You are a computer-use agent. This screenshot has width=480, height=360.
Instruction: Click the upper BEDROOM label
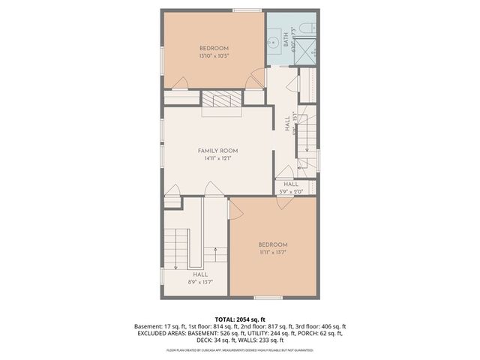click(212, 48)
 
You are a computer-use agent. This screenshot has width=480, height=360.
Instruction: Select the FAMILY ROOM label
click(217, 151)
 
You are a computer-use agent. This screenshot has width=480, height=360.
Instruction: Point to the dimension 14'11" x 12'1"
click(217, 158)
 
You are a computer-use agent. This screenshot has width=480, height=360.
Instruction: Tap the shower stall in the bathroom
click(308, 52)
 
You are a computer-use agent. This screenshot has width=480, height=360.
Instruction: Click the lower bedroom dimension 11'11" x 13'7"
click(273, 253)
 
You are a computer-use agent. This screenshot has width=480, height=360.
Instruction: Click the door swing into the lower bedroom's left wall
click(235, 209)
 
